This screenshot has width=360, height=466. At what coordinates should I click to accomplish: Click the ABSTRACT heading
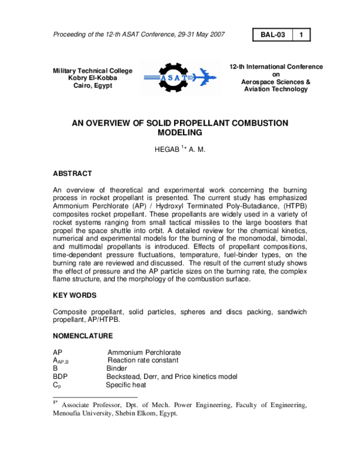point(73,174)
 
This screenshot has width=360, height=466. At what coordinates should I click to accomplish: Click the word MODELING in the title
point(179,132)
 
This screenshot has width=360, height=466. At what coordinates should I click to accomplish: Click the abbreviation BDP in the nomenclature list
point(61,377)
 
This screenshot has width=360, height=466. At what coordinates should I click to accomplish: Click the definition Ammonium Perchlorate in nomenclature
point(145,351)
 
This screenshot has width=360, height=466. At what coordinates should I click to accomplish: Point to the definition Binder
point(116,368)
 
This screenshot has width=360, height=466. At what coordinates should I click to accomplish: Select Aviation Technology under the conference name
point(275,89)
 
